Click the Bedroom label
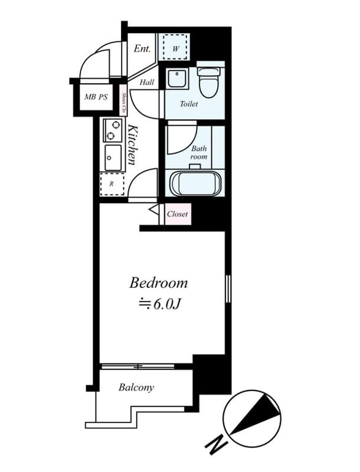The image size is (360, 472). [158, 283]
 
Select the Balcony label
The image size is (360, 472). [136, 388]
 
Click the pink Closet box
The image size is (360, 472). [177, 214]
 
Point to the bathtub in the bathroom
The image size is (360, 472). [195, 182]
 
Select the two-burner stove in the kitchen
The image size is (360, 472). [112, 130]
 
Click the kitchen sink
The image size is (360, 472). [113, 158]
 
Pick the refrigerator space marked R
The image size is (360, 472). [112, 184]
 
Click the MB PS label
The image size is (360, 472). [96, 97]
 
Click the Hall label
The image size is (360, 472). [146, 83]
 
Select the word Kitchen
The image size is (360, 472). [133, 145]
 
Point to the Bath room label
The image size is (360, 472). [198, 153]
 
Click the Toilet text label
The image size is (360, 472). [189, 104]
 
